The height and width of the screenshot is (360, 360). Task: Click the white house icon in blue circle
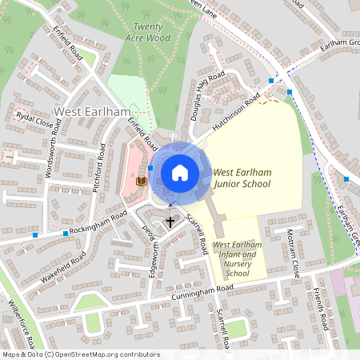[x=179, y=172]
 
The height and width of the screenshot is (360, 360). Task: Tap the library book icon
[x=141, y=182]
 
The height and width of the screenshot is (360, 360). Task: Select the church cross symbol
[x=169, y=221]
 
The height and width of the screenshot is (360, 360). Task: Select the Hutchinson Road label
[x=237, y=113]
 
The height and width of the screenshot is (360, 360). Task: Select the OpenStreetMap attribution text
[x=81, y=354]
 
